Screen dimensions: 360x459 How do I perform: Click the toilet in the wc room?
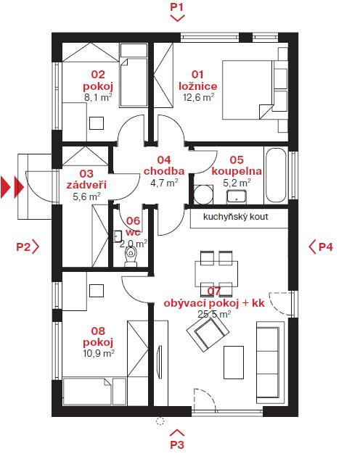(x=131, y=255)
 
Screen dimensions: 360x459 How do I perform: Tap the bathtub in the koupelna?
(x=276, y=175)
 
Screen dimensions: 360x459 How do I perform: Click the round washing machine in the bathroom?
(x=203, y=194)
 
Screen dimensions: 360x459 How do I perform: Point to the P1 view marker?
(x=177, y=12)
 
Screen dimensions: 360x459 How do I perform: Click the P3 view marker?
(x=177, y=439)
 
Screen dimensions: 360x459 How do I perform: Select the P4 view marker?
(x=321, y=247)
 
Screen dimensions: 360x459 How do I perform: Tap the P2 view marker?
(x=28, y=247)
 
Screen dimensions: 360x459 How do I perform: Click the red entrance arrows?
(x=12, y=187)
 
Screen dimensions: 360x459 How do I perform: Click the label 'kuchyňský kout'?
(x=235, y=217)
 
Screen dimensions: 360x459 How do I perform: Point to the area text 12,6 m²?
(x=198, y=97)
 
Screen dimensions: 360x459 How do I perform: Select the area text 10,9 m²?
(x=99, y=353)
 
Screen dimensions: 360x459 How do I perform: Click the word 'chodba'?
(x=164, y=171)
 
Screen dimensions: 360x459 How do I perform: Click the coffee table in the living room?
(x=234, y=363)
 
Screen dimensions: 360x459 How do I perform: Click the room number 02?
(x=98, y=75)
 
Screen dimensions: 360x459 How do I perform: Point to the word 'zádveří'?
(x=86, y=185)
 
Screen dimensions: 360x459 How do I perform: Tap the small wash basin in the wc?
(x=118, y=236)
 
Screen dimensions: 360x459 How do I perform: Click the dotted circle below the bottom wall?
(x=160, y=421)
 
